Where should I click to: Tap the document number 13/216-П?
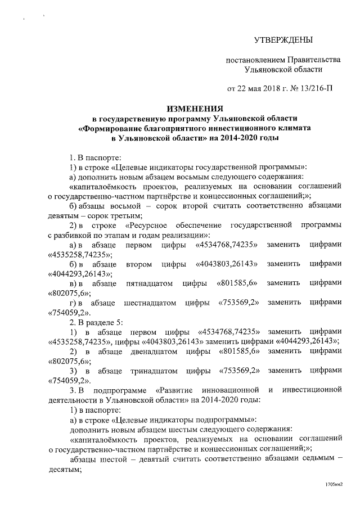(x=324, y=88)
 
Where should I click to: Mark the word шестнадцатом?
(x=150, y=303)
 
